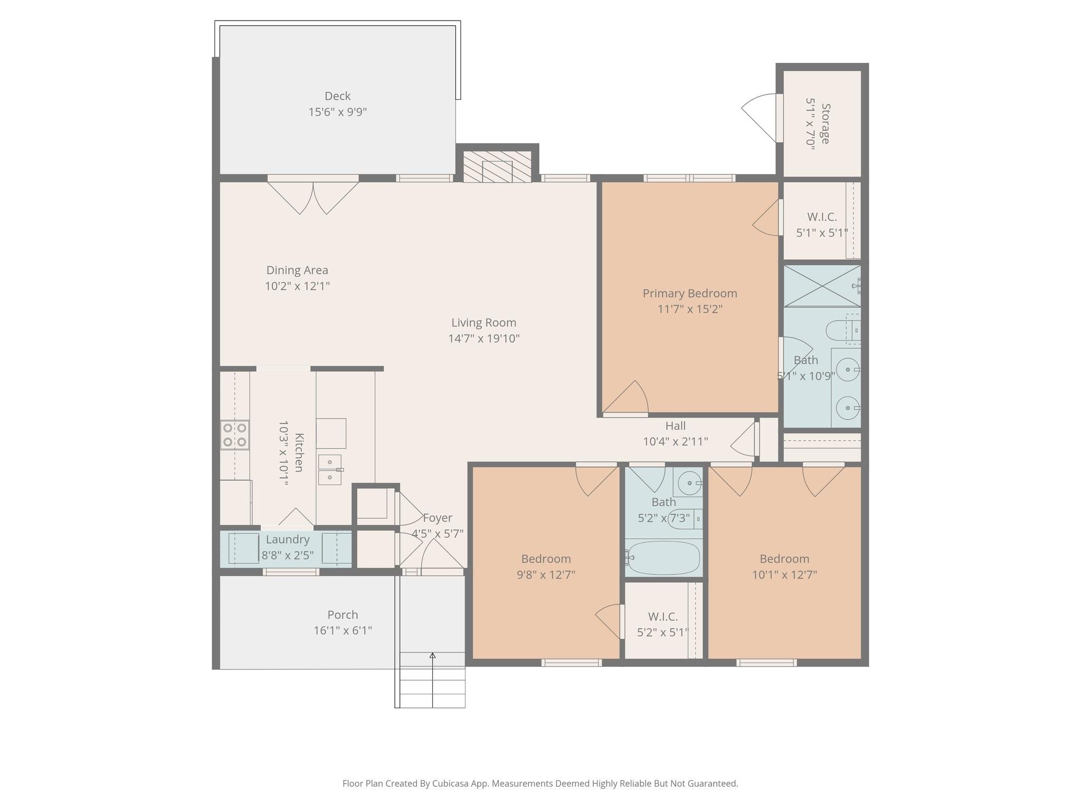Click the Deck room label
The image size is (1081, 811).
point(337,96)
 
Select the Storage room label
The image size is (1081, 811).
point(825,124)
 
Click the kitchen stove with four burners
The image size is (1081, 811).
point(234,435)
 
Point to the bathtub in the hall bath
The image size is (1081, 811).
point(663,558)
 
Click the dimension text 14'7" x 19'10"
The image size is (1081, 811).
point(483,338)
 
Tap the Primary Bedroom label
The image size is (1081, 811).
point(689,294)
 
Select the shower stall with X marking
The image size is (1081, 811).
point(821,286)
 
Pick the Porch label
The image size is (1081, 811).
point(343,615)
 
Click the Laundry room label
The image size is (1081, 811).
point(287,540)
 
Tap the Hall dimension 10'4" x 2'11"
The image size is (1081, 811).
point(675,441)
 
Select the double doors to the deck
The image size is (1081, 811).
point(313,196)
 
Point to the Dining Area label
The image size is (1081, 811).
point(297,270)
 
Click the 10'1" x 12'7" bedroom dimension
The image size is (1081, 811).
point(784,574)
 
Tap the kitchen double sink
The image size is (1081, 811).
point(330,469)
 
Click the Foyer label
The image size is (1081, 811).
point(437,518)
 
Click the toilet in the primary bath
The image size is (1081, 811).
point(840,331)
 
